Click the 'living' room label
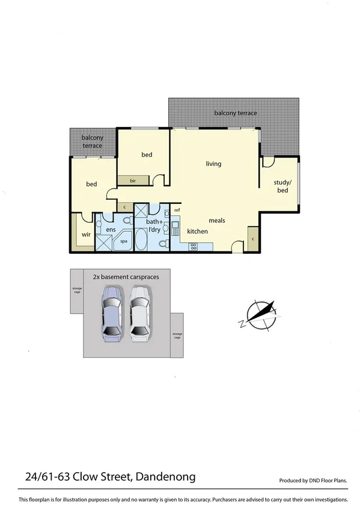coord(213,164)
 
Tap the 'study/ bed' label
coord(282,186)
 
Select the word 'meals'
coord(217,221)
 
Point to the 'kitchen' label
coord(197,232)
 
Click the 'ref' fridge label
coord(177,210)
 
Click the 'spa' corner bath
coord(124,241)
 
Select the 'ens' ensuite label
coord(111,230)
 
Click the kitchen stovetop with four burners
coord(194,245)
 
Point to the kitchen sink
coord(176,229)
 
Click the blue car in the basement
coord(112,312)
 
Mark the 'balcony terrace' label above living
coord(236,113)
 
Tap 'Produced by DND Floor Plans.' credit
coord(313,481)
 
